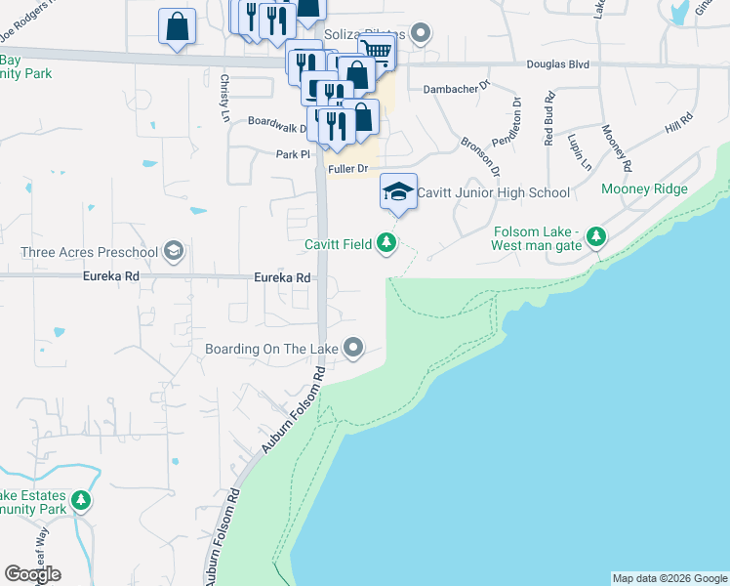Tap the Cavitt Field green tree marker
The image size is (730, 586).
(387, 243)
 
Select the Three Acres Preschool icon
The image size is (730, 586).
(174, 252)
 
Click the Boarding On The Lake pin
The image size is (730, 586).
(353, 348)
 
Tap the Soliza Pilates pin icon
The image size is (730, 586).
(421, 34)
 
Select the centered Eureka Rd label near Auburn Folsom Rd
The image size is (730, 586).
(282, 277)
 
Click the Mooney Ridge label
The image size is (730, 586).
(644, 189)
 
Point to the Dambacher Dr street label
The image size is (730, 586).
(456, 89)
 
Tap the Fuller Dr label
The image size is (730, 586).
(347, 169)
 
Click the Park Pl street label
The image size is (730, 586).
(292, 154)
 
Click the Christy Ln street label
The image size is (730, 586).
(224, 99)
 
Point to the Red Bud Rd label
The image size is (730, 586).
(549, 113)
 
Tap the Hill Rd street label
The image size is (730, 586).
(678, 123)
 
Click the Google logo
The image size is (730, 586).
(32, 574)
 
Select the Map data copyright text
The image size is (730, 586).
(669, 578)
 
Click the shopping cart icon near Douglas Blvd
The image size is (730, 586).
(377, 50)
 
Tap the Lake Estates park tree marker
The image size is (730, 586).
(81, 502)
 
